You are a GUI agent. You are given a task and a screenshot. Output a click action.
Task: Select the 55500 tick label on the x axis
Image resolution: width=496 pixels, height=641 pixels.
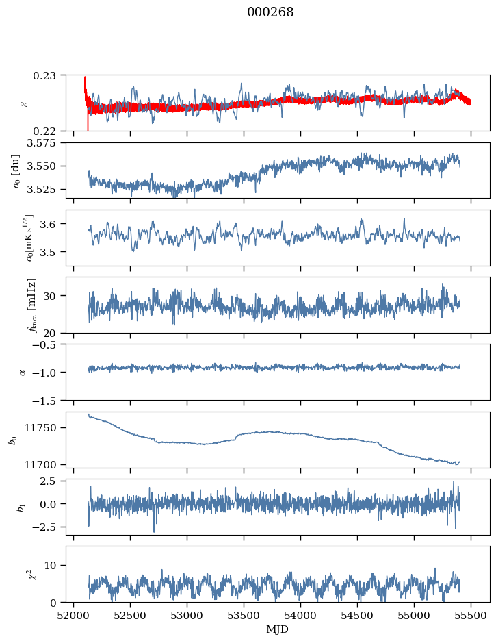tap(471, 614)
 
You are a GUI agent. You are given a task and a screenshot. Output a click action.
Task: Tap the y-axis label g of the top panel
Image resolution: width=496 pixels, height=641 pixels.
tap(24, 103)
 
